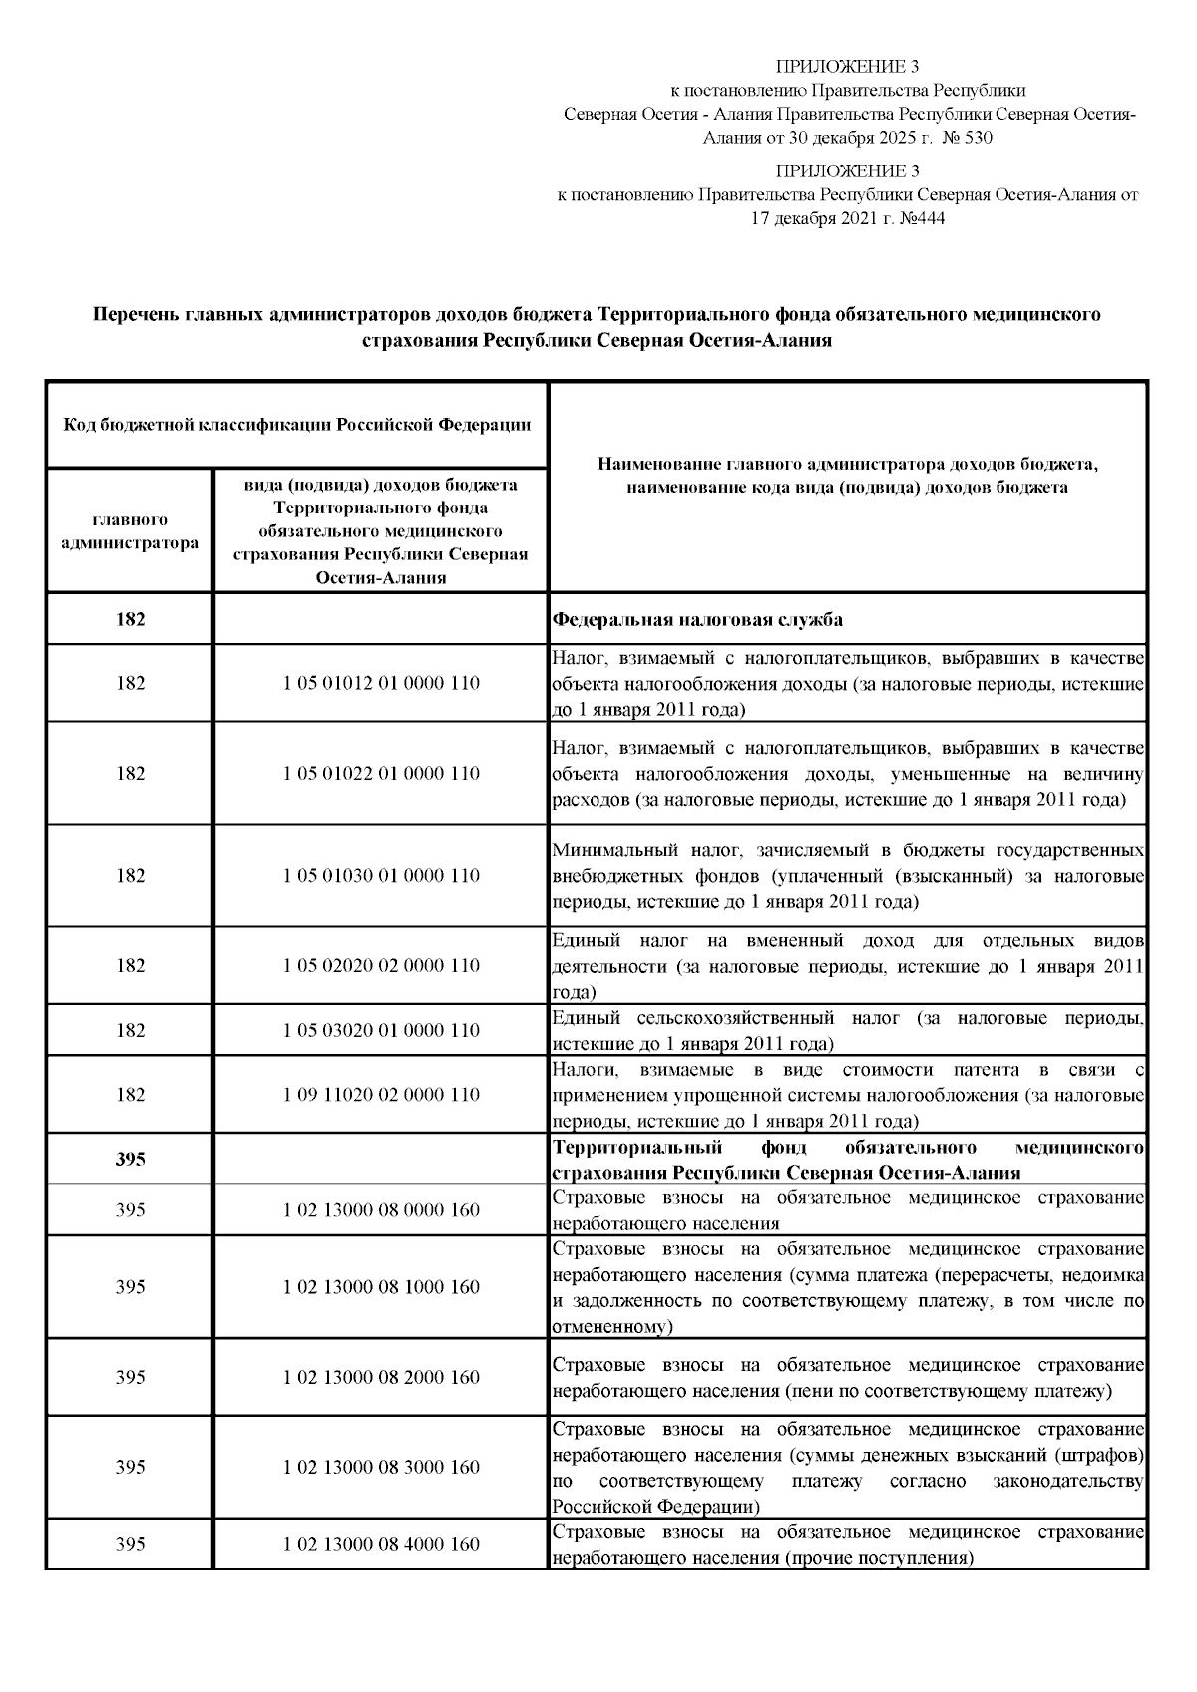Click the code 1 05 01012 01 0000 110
tap(381, 683)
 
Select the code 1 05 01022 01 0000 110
tap(381, 773)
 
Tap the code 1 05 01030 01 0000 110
tap(381, 875)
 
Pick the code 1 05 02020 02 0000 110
tap(381, 965)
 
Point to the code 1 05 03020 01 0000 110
tap(381, 1030)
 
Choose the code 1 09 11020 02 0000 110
tap(381, 1094)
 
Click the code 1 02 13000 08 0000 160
tap(381, 1209)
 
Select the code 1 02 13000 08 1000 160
tap(381, 1286)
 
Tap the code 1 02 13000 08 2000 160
tap(381, 1377)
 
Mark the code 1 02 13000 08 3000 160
tap(381, 1467)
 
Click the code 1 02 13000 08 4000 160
tap(381, 1544)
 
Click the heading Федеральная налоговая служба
tap(697, 619)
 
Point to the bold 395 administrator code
tap(130, 1159)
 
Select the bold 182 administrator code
tap(130, 619)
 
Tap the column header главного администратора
tap(130, 531)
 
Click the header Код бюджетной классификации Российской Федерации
tap(296, 425)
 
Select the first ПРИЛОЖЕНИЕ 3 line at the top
tap(847, 67)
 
